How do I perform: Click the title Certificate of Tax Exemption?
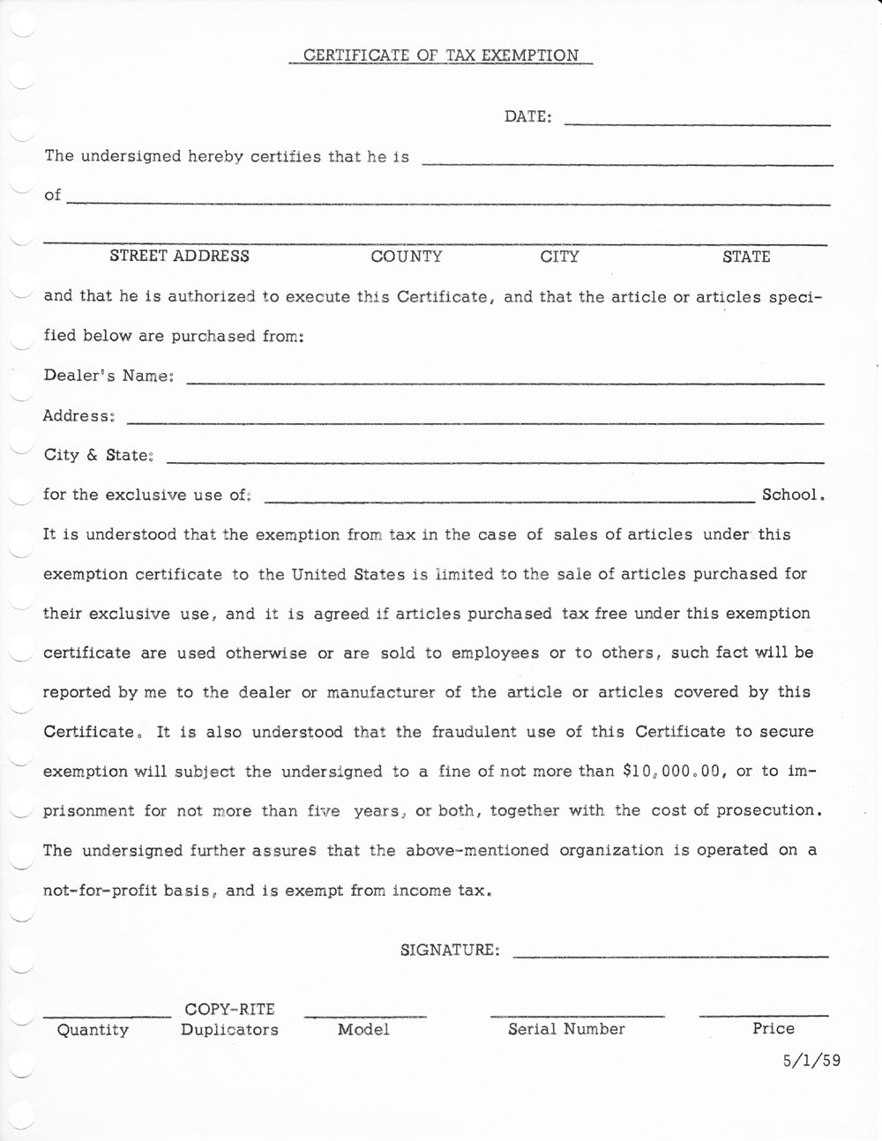coord(441,56)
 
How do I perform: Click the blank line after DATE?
coord(697,123)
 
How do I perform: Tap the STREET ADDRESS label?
coord(179,257)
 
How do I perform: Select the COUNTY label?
coord(407,257)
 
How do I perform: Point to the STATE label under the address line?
coord(746,257)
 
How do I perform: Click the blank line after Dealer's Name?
coord(506,382)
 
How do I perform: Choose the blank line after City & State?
coord(495,460)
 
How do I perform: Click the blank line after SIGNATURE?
coord(670,955)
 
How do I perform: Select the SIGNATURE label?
coord(450,951)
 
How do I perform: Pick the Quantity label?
coord(93,1030)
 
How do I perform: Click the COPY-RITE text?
coord(229,1009)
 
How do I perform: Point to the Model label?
coord(363,1030)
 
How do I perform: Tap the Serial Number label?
coord(566,1029)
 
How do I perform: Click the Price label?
coord(774,1029)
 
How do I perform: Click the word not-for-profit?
coord(101,891)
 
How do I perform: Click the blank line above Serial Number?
coord(578,1015)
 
